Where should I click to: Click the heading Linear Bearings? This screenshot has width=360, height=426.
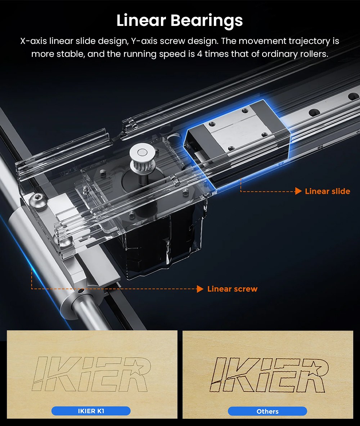pyautogui.click(x=180, y=21)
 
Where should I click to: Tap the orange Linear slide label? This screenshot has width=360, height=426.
pyautogui.click(x=327, y=191)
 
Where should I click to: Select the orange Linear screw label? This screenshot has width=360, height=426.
pyautogui.click(x=232, y=289)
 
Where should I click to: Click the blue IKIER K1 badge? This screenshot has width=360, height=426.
pyautogui.click(x=91, y=411)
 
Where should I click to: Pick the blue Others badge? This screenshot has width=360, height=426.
pyautogui.click(x=267, y=411)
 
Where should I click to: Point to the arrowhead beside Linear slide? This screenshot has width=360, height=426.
pyautogui.click(x=298, y=191)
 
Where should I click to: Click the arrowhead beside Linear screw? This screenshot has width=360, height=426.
pyautogui.click(x=200, y=289)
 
